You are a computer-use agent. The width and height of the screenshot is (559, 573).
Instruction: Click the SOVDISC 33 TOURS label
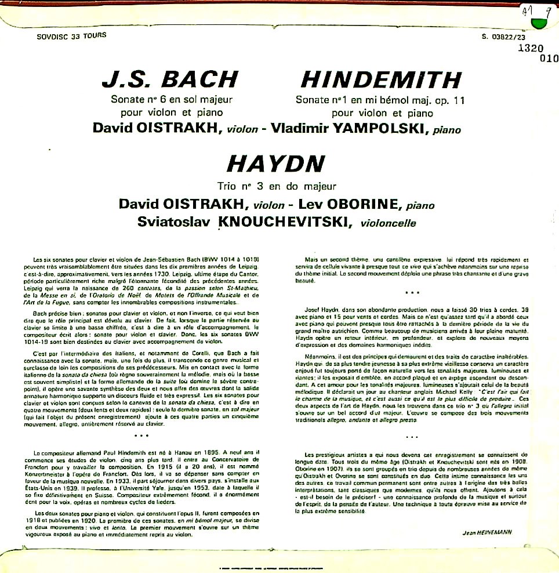[x=71, y=36]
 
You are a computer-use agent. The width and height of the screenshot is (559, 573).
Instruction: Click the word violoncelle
[x=389, y=223]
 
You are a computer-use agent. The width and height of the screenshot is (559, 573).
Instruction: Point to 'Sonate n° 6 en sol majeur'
[x=167, y=100]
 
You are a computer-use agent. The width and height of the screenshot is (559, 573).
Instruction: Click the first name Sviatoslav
[x=174, y=222]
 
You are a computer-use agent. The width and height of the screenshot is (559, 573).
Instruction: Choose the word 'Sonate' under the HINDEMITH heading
[x=313, y=100]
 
